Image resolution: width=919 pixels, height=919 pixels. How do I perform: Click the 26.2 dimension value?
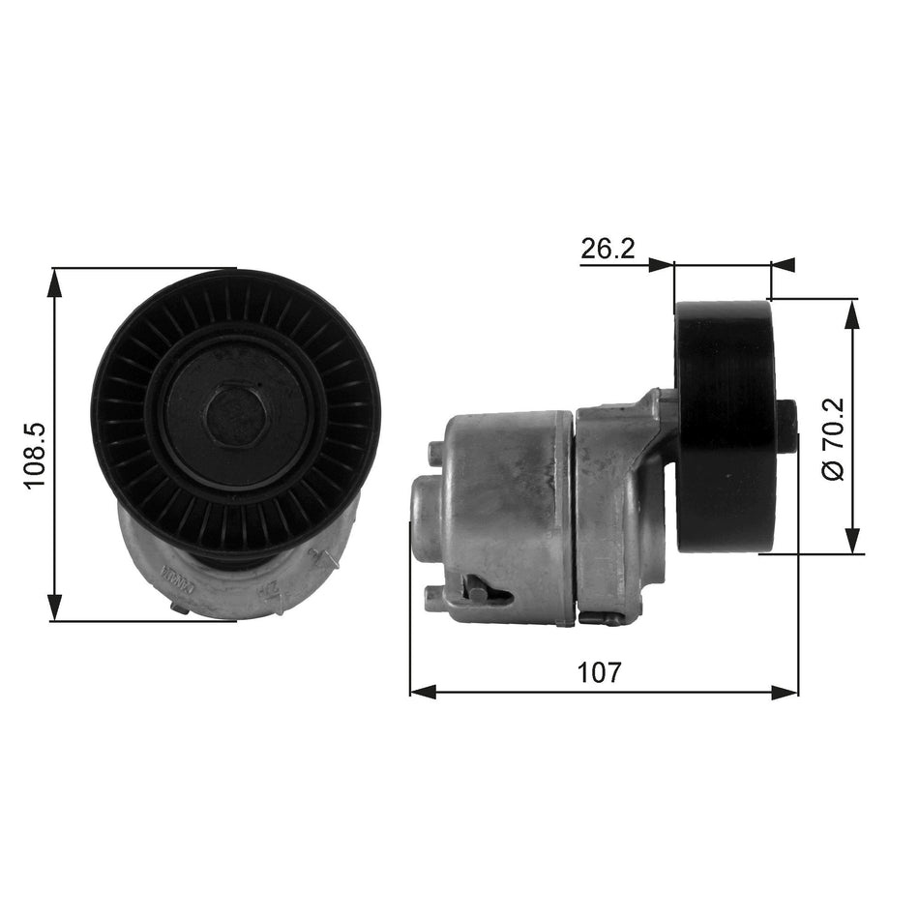(607, 250)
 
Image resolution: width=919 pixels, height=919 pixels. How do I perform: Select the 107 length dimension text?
(600, 670)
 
